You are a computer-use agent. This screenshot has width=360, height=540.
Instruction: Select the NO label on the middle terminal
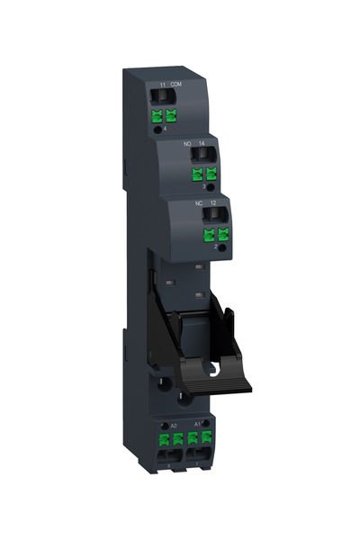click(188, 143)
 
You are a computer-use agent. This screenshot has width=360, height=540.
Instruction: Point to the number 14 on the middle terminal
click(202, 143)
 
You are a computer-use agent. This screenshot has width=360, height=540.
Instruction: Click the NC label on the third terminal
click(199, 203)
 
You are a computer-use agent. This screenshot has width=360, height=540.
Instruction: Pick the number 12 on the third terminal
click(212, 203)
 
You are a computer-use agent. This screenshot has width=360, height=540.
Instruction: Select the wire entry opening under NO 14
click(195, 155)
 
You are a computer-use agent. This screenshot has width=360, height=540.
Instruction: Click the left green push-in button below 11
click(157, 115)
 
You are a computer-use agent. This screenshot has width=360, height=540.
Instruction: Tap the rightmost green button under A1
click(208, 439)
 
